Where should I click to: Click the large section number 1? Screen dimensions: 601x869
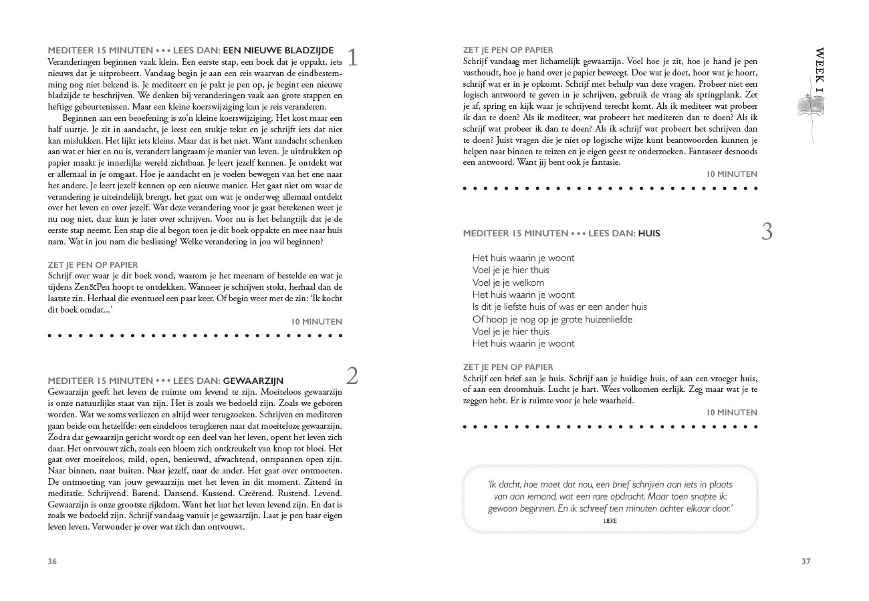(353, 57)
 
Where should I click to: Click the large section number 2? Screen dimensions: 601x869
(352, 376)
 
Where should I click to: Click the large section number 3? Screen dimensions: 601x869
(767, 231)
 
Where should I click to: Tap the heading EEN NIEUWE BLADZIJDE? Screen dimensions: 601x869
(278, 50)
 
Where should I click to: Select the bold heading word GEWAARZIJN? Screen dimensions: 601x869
(253, 381)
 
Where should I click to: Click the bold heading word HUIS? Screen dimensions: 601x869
(649, 234)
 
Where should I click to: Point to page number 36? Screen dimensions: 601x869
(52, 562)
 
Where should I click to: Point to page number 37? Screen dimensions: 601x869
(805, 562)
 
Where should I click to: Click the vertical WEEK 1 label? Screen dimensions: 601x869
(820, 70)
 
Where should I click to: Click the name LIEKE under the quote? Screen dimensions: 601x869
(610, 521)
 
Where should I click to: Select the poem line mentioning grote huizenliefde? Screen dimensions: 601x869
(552, 319)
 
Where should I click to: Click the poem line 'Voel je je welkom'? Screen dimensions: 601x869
(508, 282)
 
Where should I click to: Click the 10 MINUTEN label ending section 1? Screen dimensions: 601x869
(316, 322)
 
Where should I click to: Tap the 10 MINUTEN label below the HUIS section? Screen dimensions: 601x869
(732, 413)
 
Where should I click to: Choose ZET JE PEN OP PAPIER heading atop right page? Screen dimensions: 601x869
(508, 50)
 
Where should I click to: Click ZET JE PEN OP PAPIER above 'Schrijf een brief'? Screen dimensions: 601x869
(508, 367)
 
